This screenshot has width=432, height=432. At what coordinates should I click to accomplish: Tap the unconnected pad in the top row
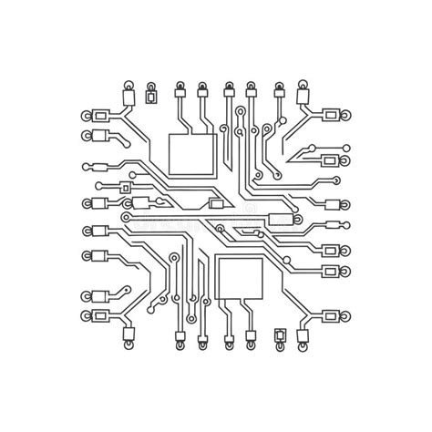[152, 94]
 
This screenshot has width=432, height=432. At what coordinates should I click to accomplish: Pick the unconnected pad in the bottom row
[280, 336]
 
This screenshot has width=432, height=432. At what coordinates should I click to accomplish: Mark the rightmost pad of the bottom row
[303, 339]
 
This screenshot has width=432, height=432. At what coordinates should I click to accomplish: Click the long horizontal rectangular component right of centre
[283, 219]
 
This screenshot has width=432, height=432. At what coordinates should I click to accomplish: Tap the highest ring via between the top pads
[239, 112]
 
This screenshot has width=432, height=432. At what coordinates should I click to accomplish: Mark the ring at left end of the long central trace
[128, 220]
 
